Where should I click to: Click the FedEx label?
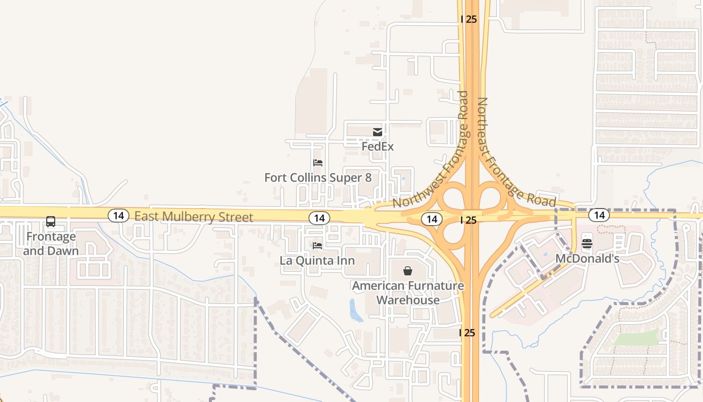click(x=378, y=147)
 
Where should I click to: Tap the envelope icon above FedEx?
click(x=378, y=132)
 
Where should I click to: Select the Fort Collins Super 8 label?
click(x=318, y=178)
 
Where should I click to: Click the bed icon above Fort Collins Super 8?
click(x=317, y=163)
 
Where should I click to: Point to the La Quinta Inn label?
click(x=317, y=261)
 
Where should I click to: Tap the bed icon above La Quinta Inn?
click(x=317, y=246)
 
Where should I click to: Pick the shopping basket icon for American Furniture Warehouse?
click(x=408, y=271)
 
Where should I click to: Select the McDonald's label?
click(x=587, y=259)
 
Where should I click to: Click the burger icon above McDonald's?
click(x=587, y=244)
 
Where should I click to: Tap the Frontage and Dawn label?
click(x=51, y=244)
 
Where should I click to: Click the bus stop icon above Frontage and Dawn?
click(x=51, y=222)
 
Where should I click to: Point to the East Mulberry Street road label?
click(x=194, y=217)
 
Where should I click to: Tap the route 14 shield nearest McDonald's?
click(x=599, y=216)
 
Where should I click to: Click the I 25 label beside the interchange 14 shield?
click(x=468, y=220)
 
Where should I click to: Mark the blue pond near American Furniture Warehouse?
click(x=355, y=311)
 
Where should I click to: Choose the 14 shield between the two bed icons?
click(x=319, y=218)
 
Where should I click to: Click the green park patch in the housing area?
click(x=636, y=337)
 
